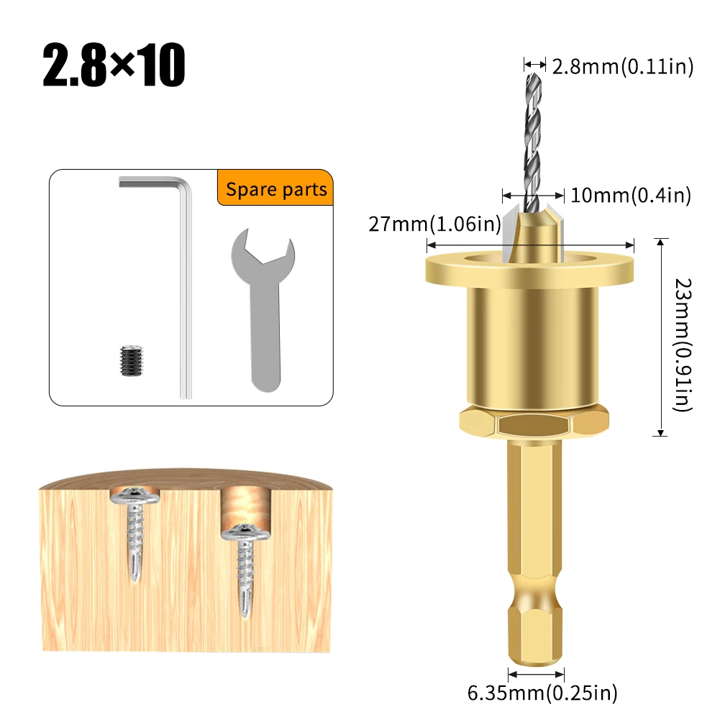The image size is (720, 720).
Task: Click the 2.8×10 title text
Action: [x=114, y=66]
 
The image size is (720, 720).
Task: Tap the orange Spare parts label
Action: [x=276, y=190]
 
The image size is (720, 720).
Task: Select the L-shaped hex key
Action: [x=185, y=288]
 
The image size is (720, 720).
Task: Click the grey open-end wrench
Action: [x=263, y=309]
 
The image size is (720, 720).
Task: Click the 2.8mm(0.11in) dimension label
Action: [x=622, y=67]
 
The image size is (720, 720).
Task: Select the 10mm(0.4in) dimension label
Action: [x=630, y=195]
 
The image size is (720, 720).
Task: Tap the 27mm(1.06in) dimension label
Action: [x=434, y=224]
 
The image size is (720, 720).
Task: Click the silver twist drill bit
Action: [x=533, y=137]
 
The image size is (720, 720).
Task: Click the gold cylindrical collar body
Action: [x=529, y=345]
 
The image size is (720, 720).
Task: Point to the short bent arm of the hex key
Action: [x=152, y=185]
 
